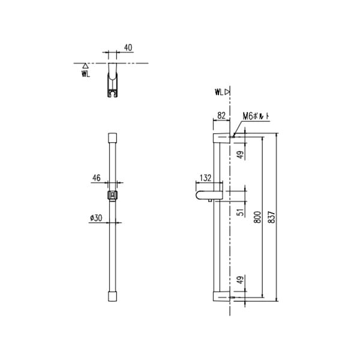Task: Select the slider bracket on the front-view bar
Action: [112, 195]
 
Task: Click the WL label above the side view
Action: [219, 92]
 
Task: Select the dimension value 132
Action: [206, 178]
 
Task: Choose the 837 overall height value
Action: [274, 217]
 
